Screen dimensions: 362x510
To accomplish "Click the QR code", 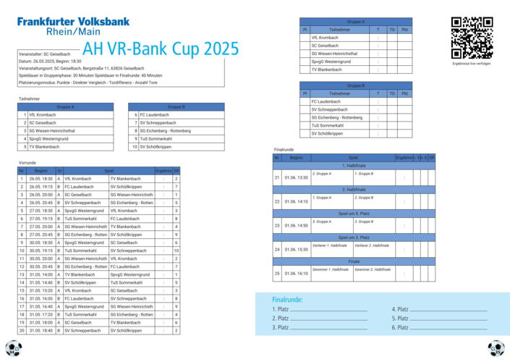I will (472, 38).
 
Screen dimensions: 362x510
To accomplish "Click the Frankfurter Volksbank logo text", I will (73, 22).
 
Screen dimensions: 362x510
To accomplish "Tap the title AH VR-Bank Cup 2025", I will (161, 49).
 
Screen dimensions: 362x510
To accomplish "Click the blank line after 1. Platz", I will (328, 309).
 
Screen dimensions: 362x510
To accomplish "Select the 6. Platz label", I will (400, 328).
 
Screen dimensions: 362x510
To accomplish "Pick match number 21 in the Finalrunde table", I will (277, 177).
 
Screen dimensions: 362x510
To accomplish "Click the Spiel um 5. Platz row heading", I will (354, 213).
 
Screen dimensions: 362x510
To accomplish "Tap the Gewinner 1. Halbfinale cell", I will (331, 269).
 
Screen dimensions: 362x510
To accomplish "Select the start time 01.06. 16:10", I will (297, 274).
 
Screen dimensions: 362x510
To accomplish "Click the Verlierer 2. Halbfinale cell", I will (373, 245).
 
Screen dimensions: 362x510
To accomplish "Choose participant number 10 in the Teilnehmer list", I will (135, 147).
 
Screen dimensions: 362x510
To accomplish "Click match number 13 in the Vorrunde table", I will (22, 274).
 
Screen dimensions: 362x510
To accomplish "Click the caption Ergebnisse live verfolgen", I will (471, 64).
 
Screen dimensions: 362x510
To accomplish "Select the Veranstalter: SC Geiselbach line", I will (45, 54).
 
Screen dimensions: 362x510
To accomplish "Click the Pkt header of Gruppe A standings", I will (404, 30).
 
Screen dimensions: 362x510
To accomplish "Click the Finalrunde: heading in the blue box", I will (287, 300).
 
